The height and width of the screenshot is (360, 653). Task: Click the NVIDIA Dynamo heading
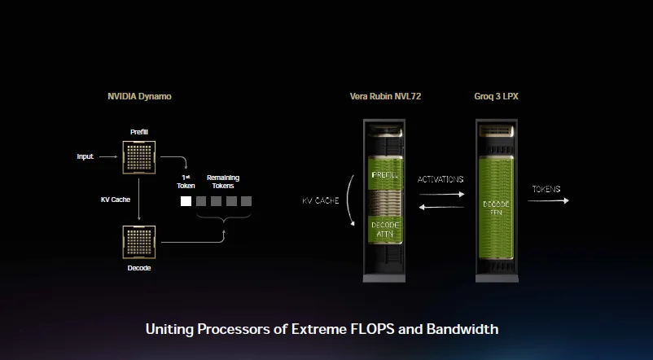coord(139,96)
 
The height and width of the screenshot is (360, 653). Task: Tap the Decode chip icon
coord(139,242)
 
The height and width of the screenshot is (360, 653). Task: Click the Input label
coord(85,156)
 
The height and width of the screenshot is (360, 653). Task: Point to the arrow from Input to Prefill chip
coord(110,156)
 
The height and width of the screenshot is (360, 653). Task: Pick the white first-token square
coord(186,200)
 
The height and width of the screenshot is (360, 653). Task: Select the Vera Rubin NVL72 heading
coord(385,96)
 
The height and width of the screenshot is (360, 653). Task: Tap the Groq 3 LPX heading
coord(496,96)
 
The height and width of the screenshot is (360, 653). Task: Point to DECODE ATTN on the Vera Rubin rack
coord(385,229)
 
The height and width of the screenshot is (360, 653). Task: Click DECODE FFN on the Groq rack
coord(497,207)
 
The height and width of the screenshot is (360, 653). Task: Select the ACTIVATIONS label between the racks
coord(440,179)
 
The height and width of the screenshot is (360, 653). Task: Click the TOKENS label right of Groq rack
coord(546,189)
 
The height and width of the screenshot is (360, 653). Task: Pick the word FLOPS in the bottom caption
coord(350,329)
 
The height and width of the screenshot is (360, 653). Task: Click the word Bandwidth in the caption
coord(457,329)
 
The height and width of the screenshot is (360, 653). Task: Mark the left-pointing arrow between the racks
coord(440,209)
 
